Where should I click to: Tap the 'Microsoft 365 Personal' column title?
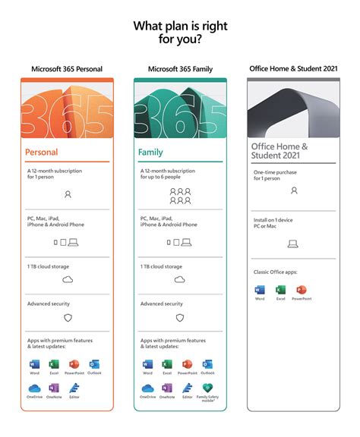68,69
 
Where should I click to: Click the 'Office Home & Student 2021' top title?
294,69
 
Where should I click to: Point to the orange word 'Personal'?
42,152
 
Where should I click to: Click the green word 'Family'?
150,152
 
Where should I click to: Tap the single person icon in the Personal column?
68,194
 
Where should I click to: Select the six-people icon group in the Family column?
180,196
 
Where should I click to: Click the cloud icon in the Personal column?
68,280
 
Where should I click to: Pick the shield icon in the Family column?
180,318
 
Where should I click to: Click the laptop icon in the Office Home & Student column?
293,244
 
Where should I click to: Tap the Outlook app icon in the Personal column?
94,365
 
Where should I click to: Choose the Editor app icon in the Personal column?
74,389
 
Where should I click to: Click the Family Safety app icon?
207,389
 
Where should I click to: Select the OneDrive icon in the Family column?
147,389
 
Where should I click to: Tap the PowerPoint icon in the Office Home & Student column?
301,291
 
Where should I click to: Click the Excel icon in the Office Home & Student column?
279,291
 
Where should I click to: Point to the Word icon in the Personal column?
34,365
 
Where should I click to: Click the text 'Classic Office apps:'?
273,271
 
